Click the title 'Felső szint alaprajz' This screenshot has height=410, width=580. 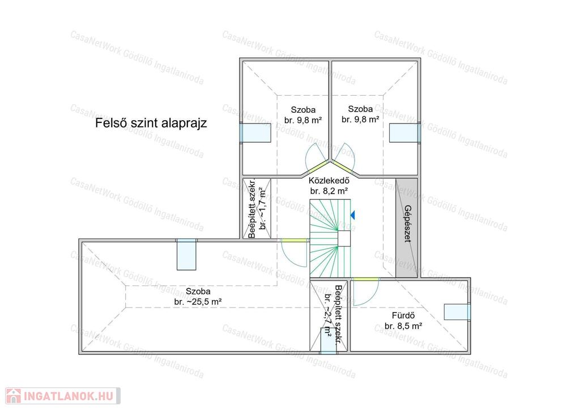point(151,123)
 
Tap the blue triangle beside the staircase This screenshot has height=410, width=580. point(352,215)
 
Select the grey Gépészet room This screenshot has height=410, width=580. point(407,228)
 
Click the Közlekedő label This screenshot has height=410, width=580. point(329,181)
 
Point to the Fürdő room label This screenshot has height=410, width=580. point(403,316)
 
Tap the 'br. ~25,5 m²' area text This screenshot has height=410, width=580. point(198,302)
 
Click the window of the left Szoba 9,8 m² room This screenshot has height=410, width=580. point(255,133)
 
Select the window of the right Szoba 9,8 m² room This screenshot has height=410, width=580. point(405,133)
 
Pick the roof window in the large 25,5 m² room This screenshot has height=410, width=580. point(186,254)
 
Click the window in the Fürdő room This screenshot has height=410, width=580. point(457,312)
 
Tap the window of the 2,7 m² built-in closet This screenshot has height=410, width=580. point(329,341)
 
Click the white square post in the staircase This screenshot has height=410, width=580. point(344,238)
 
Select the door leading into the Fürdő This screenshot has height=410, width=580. point(365,291)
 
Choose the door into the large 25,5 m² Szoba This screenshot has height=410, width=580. point(294,253)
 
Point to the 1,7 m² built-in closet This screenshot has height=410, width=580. point(257,208)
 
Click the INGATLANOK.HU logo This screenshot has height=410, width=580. point(63,396)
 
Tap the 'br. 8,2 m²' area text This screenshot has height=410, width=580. point(329,191)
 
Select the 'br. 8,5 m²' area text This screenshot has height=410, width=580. point(403,326)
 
